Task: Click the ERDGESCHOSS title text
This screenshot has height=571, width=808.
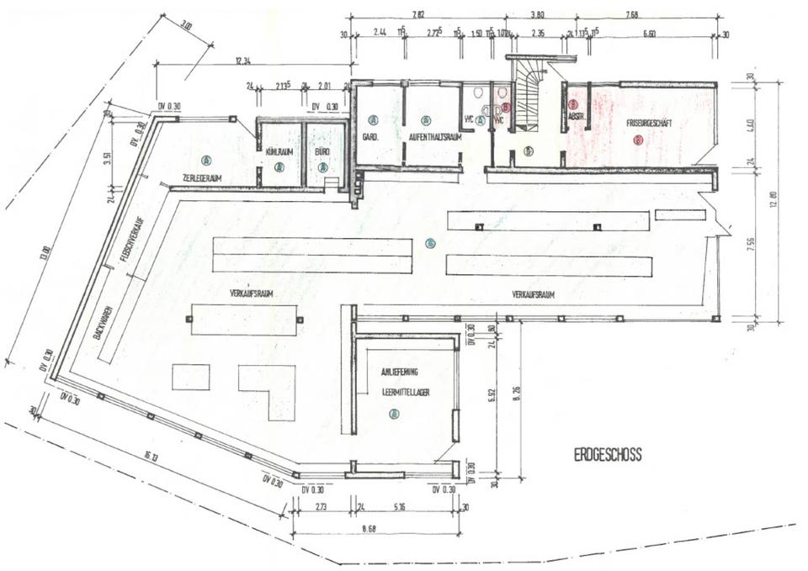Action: [x=608, y=455]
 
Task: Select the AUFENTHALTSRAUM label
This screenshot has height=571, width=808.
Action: [x=434, y=136]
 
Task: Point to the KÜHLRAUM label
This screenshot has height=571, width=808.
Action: [x=279, y=151]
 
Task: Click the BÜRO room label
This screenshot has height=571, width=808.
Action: [x=322, y=151]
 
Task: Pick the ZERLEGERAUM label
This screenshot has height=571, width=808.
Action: [x=203, y=177]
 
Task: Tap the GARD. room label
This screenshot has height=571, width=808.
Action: [x=368, y=136]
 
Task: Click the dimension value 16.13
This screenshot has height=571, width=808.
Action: [x=151, y=457]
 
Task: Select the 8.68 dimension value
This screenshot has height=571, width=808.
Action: [x=366, y=527]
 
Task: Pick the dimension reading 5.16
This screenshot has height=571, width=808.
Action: [x=399, y=507]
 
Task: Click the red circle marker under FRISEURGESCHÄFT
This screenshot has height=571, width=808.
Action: [x=638, y=140]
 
